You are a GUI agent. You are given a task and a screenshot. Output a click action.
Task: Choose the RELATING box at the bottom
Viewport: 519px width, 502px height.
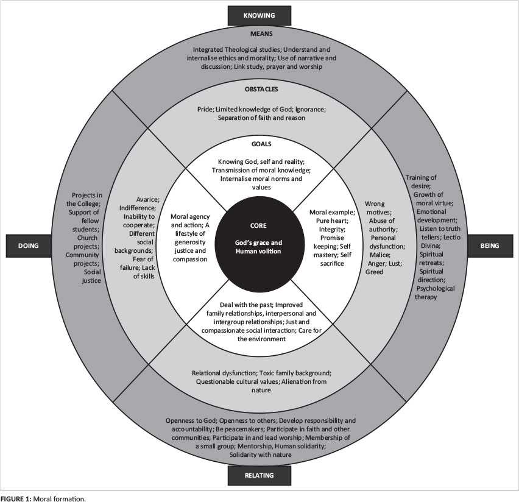tap(259, 475)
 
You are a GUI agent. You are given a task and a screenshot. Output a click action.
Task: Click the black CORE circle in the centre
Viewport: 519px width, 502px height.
tap(259, 238)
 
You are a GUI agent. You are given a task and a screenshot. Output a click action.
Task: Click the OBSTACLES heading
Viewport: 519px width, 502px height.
tap(259, 90)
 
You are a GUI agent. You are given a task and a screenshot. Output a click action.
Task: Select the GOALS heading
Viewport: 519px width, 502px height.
tap(259, 146)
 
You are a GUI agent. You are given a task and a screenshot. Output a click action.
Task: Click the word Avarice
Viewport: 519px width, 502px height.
tap(146, 199)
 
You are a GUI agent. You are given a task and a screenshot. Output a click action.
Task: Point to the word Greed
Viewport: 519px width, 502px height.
tap(374, 272)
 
